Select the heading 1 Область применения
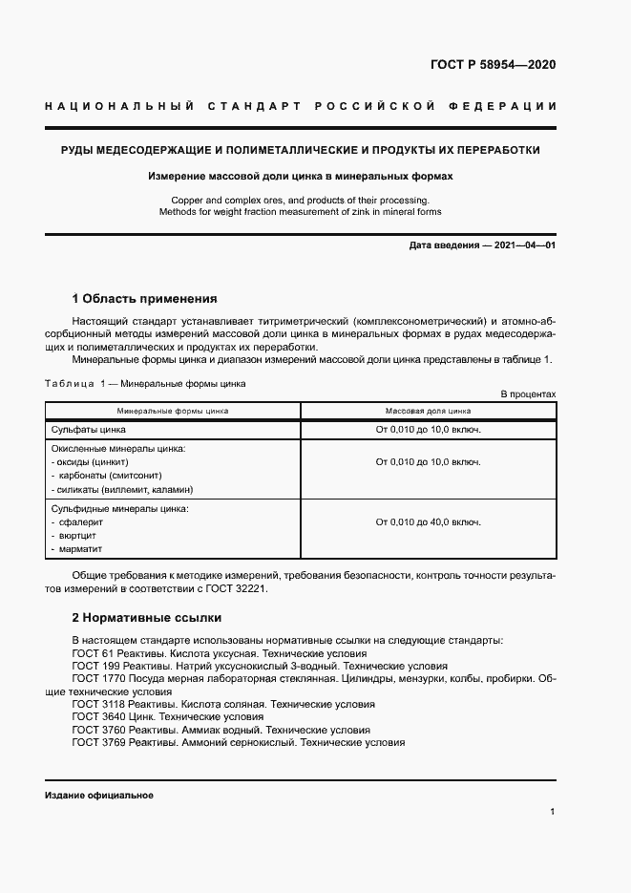[x=145, y=298]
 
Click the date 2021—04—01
[x=521, y=245]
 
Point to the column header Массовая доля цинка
[x=428, y=411]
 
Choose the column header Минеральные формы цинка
[x=173, y=411]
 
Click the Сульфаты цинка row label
[x=88, y=430]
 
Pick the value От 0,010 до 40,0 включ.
[x=428, y=522]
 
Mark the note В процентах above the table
[x=528, y=393]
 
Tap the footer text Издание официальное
[x=98, y=796]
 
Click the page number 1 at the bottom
[x=553, y=812]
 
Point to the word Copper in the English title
[x=187, y=200]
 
